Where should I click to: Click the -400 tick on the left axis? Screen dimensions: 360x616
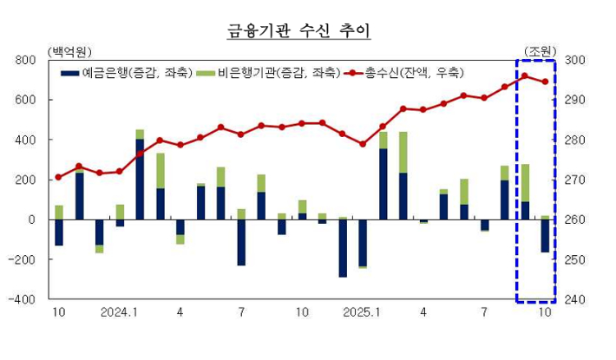click(x=23, y=300)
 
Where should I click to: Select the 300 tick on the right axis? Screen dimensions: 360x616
click(x=578, y=61)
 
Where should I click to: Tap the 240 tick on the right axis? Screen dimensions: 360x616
click(x=578, y=300)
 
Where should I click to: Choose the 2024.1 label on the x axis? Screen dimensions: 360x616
click(x=120, y=311)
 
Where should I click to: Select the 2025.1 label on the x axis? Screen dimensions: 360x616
click(x=362, y=311)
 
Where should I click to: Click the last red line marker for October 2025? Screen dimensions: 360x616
click(x=545, y=82)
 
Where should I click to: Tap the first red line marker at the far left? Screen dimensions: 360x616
click(x=59, y=177)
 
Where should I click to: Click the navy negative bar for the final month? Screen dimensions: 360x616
click(x=545, y=236)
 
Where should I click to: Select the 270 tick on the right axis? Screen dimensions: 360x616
click(x=578, y=180)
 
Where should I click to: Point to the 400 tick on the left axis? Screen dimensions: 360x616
click(x=26, y=141)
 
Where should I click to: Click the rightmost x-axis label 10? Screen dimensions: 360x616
click(x=545, y=311)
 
